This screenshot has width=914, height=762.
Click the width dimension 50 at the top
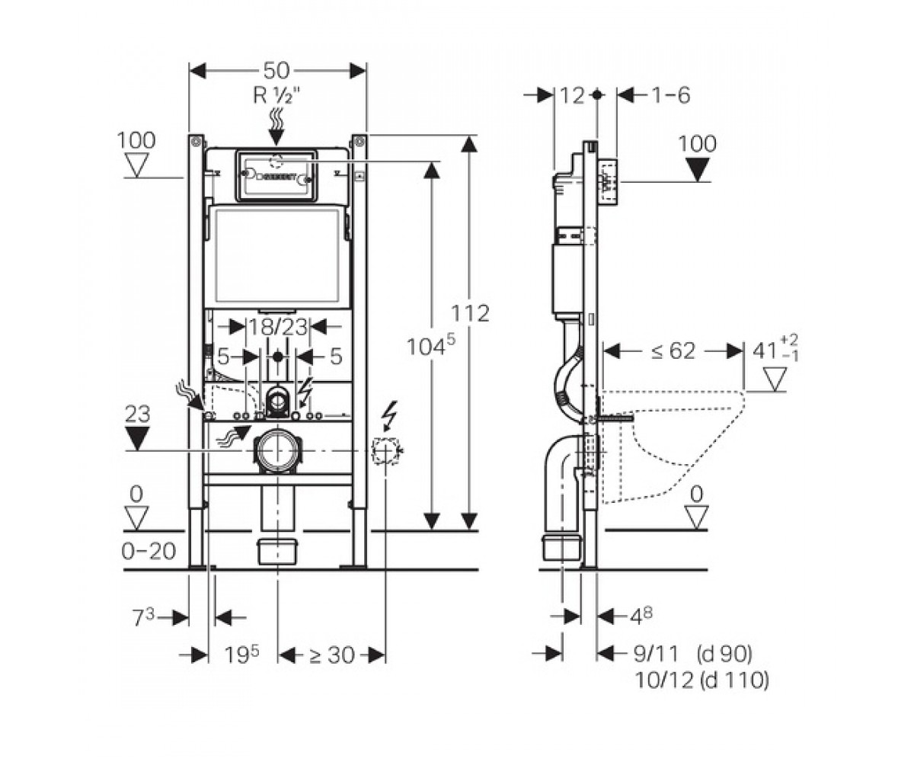[277, 70]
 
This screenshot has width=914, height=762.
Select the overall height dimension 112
[470, 313]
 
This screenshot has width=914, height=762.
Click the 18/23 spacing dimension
[277, 327]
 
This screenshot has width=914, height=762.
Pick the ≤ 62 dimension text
[673, 351]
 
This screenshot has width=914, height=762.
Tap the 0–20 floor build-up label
[149, 551]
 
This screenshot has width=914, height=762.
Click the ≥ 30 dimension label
[332, 655]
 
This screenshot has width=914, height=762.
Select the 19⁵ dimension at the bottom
[242, 655]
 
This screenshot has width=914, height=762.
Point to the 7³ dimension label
[144, 618]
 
